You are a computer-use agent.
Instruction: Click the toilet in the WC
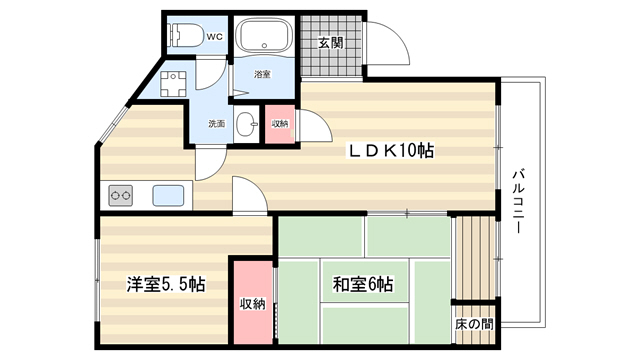187,36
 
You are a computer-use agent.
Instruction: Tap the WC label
215,37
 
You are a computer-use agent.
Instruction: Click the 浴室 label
262,74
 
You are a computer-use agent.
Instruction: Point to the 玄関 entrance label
331,42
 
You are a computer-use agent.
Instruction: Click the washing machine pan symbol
173,84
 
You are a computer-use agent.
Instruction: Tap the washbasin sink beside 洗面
247,123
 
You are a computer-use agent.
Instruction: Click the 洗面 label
217,123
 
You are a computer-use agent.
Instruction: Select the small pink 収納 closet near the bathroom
280,124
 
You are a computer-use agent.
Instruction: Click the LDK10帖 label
390,151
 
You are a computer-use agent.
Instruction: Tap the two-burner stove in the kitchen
120,196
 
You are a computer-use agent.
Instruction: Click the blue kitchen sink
168,196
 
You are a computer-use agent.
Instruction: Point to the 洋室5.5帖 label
166,284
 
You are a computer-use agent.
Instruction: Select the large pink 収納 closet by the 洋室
253,302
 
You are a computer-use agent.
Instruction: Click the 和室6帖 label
363,284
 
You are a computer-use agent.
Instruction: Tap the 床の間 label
474,324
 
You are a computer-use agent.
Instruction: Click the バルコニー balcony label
518,201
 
